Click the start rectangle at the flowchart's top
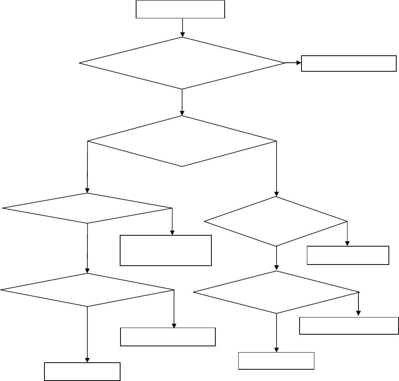[180, 9]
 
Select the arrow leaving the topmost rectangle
[183, 28]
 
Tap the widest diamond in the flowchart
[182, 63]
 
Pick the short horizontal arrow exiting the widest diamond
[293, 63]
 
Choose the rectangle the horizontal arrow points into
[349, 63]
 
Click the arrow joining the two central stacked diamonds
[182, 102]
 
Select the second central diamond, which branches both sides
[182, 141]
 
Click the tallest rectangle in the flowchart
[166, 250]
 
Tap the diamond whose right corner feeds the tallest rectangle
[87, 208]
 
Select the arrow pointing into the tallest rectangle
[172, 222]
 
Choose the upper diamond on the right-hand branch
[276, 222]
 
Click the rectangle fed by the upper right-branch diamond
[348, 255]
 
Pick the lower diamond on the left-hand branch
[87, 290]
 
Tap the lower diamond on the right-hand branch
[276, 292]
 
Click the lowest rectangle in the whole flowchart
[82, 371]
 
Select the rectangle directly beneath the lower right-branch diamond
[276, 360]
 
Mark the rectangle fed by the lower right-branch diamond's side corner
[349, 326]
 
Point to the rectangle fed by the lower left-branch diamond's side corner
[168, 337]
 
